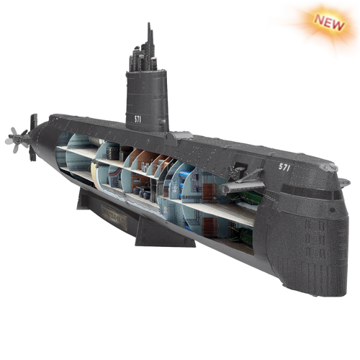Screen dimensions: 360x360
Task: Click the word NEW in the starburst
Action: coord(330,22)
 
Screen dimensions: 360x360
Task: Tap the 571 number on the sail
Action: coord(138,120)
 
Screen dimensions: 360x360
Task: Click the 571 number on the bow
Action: coord(284,167)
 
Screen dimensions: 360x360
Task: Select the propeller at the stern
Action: coord(17,140)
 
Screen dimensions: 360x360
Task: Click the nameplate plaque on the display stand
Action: coord(114,217)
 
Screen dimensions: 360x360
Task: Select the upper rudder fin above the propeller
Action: coord(34,121)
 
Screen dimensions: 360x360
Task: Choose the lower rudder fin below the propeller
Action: coord(32,153)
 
